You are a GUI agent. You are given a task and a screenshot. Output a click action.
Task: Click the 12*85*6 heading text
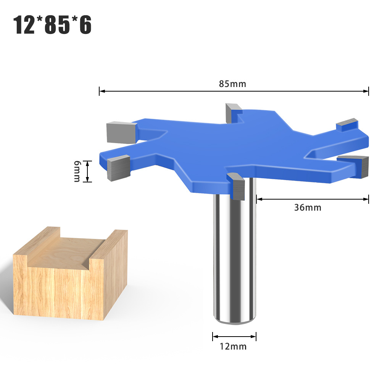coord(53,25)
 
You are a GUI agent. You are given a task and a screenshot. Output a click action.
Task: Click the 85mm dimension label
coord(232,84)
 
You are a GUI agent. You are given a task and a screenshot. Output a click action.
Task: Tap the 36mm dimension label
coord(308,208)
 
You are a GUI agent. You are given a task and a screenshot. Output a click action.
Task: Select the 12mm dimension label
coord(233,347)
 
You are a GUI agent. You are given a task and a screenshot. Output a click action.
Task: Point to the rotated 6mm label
coord(77,171)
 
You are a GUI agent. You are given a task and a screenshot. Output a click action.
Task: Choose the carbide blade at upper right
coord(347,124)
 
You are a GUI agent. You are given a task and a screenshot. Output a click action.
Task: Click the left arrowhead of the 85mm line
coord(102,91)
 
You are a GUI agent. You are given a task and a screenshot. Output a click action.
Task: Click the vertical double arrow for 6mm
coord(88,171)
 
